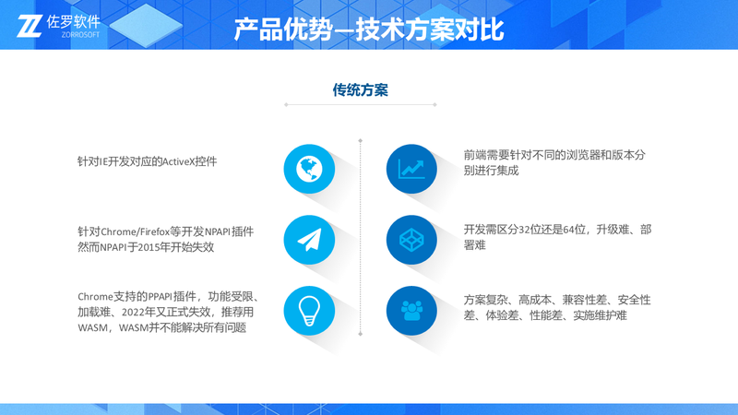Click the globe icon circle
[309, 169]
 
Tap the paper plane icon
[309, 240]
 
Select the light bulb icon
[309, 311]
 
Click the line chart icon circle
[411, 169]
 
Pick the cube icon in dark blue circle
[411, 240]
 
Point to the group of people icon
[411, 311]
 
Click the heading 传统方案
[361, 89]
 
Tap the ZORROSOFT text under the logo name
[80, 34]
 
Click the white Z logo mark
[30, 26]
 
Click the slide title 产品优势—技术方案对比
[369, 30]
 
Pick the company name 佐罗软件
[74, 21]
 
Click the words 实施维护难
[600, 315]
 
